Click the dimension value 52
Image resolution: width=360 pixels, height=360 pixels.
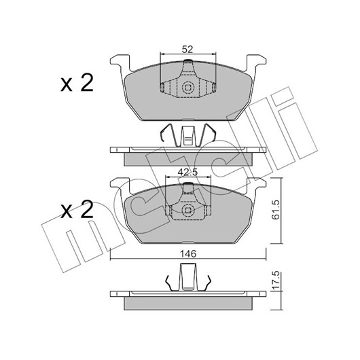(x=187, y=50)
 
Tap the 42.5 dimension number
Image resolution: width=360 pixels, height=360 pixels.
(x=187, y=173)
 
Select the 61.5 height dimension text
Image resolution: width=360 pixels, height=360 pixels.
(x=276, y=209)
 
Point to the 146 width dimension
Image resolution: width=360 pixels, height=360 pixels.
(x=188, y=254)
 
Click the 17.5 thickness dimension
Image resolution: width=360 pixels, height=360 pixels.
(x=276, y=280)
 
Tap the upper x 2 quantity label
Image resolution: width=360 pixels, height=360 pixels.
(x=77, y=84)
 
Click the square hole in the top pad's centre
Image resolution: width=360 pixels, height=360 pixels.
(x=187, y=88)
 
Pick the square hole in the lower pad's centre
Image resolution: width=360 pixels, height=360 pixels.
(x=187, y=211)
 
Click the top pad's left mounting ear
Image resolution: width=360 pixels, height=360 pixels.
(x=120, y=62)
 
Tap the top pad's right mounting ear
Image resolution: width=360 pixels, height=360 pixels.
(x=255, y=62)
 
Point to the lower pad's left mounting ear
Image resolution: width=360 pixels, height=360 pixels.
(x=120, y=185)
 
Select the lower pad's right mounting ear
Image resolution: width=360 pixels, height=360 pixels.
(x=255, y=185)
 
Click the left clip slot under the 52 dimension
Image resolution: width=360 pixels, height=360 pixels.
(x=162, y=88)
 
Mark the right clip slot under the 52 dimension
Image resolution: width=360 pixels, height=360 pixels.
(x=214, y=88)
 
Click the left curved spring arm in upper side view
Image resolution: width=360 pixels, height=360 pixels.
(x=168, y=135)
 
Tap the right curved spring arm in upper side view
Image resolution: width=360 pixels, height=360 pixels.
(x=207, y=135)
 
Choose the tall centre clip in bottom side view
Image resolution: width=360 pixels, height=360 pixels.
(x=188, y=277)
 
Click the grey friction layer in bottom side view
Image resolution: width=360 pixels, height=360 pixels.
(x=188, y=304)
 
